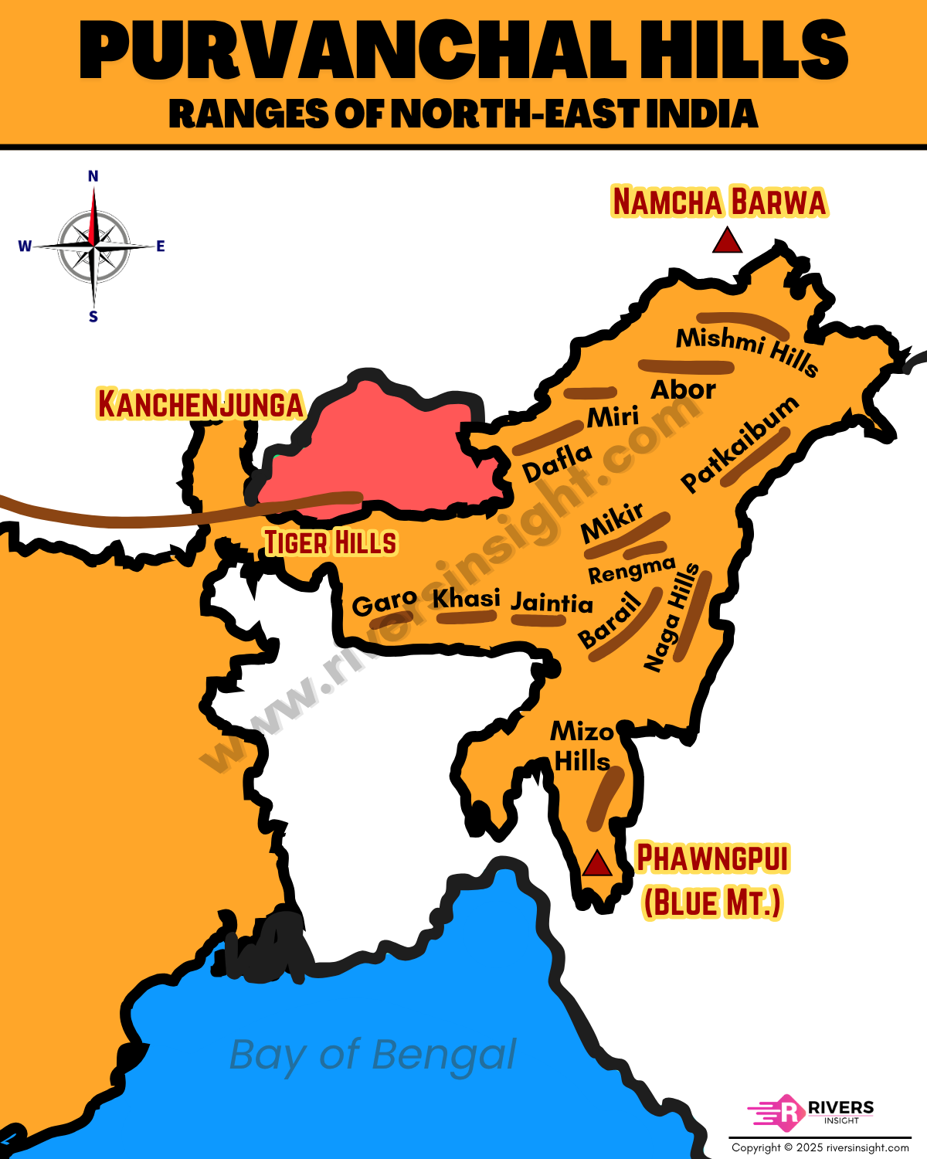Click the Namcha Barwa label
(x=719, y=202)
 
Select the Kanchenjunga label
(x=200, y=404)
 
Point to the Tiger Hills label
(x=331, y=542)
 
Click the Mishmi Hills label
(x=746, y=350)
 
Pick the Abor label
(x=683, y=389)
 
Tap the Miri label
(x=613, y=417)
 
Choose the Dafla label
(x=557, y=462)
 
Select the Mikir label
(x=612, y=523)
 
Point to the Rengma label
(x=632, y=571)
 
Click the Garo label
(x=384, y=603)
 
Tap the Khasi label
(x=466, y=598)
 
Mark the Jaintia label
(x=552, y=602)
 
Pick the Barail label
(x=610, y=620)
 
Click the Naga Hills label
(x=671, y=618)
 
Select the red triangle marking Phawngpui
(x=596, y=863)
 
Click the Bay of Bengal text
(x=373, y=1055)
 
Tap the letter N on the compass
(x=93, y=176)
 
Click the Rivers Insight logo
(x=810, y=1113)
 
